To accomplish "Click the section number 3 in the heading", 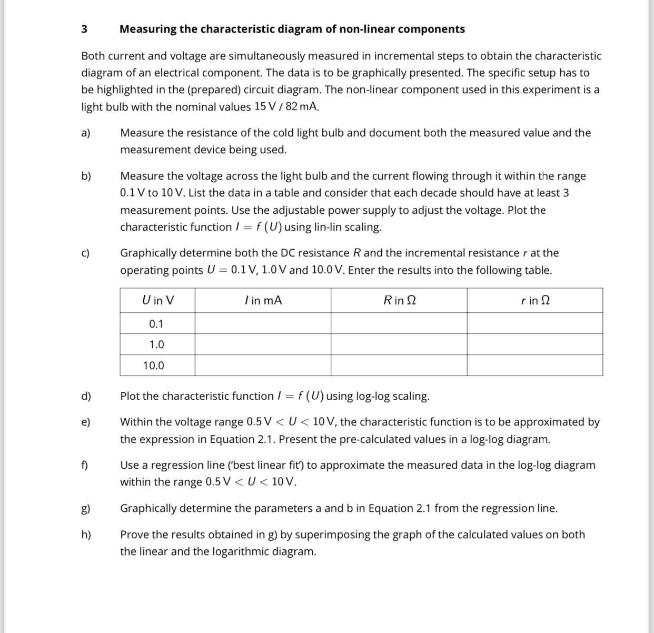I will (84, 29).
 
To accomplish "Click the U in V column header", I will (157, 300).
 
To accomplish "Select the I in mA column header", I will (263, 300).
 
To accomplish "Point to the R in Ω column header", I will (399, 300).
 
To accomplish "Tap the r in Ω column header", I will (535, 300).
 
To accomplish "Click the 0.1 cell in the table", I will (156, 323).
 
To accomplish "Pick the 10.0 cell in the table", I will (154, 365).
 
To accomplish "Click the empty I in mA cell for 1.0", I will (263, 344).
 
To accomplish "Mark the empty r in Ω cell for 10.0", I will (535, 365).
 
